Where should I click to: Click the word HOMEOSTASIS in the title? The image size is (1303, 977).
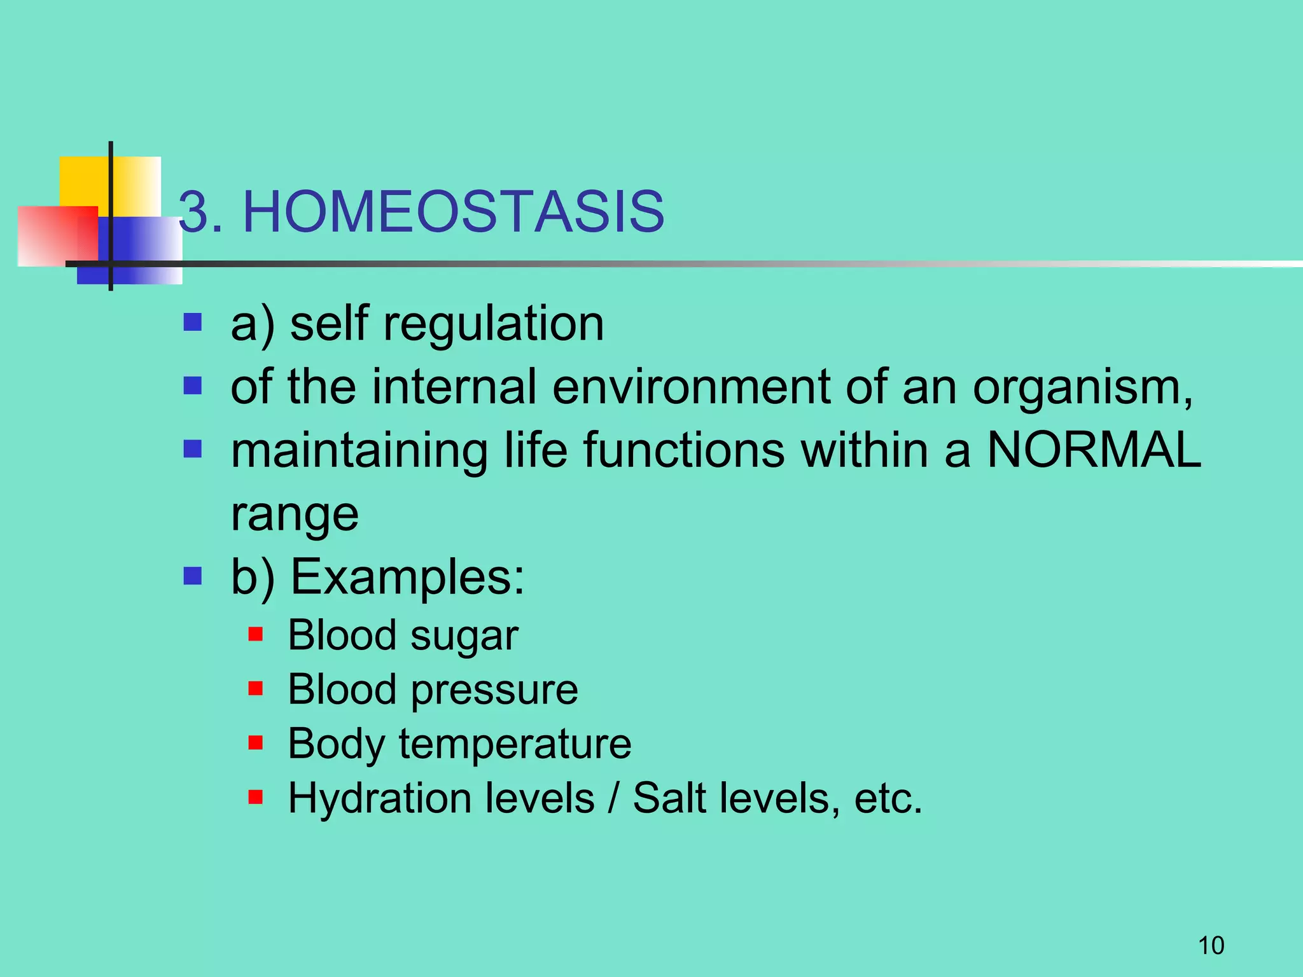[x=453, y=212]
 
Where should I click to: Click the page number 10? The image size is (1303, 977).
[x=1211, y=946]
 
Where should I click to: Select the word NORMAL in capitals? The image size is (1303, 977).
[x=1094, y=450]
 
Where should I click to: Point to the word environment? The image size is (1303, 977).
[x=691, y=387]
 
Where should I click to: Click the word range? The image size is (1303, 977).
[x=295, y=514]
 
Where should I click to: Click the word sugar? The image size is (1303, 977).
[x=464, y=637]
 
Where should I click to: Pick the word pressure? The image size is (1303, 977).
[x=494, y=691]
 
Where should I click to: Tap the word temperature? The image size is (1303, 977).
[x=515, y=744]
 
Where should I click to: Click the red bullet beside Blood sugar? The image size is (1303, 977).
[x=256, y=634]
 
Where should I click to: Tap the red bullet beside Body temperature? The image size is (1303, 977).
[x=256, y=742]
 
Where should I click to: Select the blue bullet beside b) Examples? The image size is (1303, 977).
[x=192, y=576]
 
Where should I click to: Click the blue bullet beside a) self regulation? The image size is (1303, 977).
[x=192, y=322]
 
